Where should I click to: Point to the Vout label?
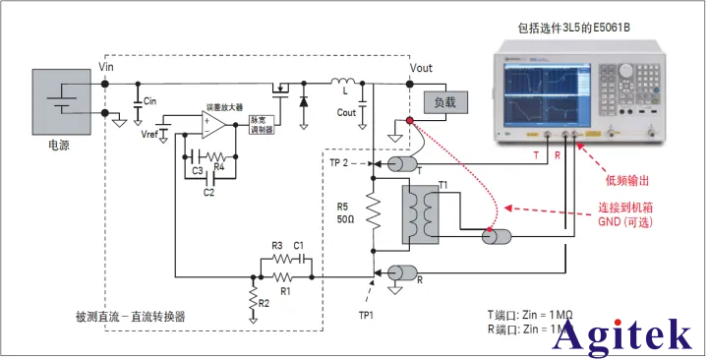tap(422, 68)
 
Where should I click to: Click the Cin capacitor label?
tap(150, 101)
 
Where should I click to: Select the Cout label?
tap(346, 112)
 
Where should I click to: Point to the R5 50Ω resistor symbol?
tap(373, 210)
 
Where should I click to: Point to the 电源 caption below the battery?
tap(60, 145)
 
